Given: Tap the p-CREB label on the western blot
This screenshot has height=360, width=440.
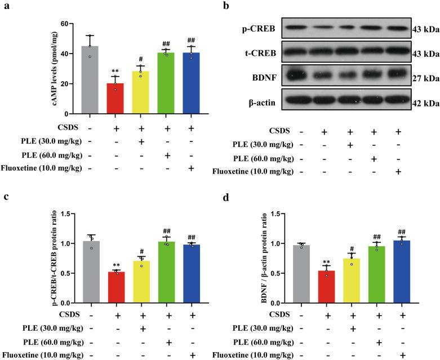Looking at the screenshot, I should point(259,28).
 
